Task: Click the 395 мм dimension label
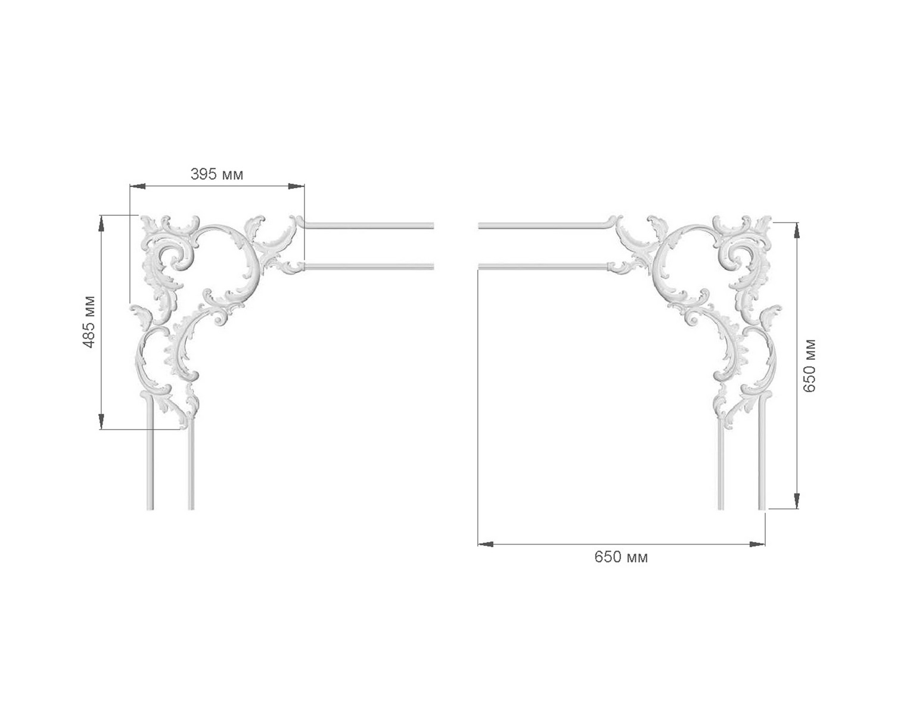216,174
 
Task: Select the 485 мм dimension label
89,322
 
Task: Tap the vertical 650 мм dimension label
809,365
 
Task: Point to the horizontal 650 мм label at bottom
621,557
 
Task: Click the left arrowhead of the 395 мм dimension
138,186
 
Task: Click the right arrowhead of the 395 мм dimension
296,186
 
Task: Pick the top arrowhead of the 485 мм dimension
101,223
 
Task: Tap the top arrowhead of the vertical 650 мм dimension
797,231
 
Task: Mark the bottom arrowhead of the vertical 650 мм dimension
797,501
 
